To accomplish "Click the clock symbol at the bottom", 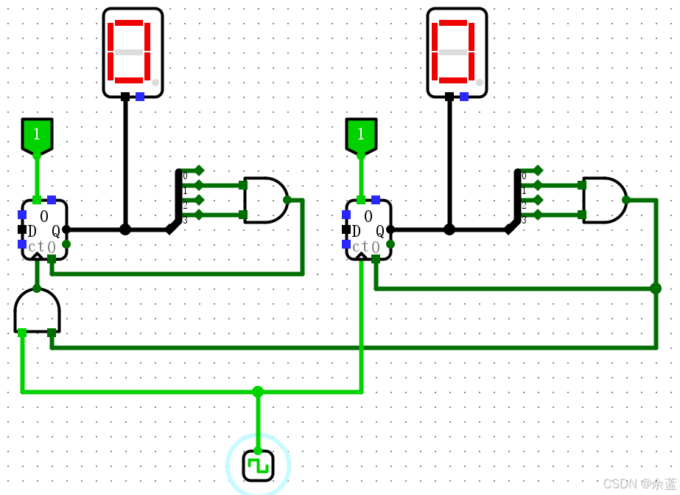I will [x=258, y=465].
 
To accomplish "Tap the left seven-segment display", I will [x=133, y=52].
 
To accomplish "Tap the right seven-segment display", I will [x=457, y=52].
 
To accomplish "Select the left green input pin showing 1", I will [x=37, y=136].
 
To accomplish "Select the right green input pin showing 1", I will [x=361, y=136].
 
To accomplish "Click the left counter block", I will [x=44, y=229].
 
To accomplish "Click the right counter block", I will [x=368, y=229].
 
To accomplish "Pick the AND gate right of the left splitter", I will [x=264, y=200].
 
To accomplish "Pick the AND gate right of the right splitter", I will [x=603, y=200].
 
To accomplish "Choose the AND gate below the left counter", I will [x=37, y=311].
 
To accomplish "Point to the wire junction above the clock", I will [x=258, y=392].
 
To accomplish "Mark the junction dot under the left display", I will [x=125, y=229].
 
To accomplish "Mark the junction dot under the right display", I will [x=449, y=229].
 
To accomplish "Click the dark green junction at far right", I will [x=656, y=288].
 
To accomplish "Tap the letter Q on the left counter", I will [x=56, y=231].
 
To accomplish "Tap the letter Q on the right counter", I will [x=380, y=231].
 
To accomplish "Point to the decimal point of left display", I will [x=155, y=83].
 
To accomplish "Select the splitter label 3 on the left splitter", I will [x=185, y=220].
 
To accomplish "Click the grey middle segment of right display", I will [x=453, y=52].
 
